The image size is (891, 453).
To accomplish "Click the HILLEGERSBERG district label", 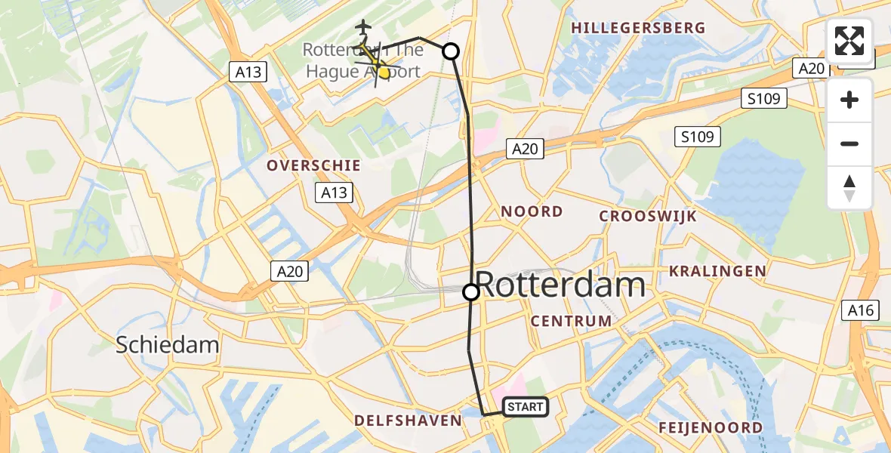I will [639, 28].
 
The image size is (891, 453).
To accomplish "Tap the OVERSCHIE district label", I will [313, 165].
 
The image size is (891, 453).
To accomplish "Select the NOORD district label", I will [532, 212].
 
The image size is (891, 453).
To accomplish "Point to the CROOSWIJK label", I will [647, 217].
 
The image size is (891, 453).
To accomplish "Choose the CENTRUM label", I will [571, 321].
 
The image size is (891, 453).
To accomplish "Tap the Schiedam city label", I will [167, 346].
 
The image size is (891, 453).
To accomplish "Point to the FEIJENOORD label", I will [710, 428].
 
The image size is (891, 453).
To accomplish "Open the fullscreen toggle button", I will [849, 41].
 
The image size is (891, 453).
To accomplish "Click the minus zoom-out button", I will [849, 144].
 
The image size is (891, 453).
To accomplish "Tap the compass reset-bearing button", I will [849, 187].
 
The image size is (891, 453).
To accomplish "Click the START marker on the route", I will [525, 407].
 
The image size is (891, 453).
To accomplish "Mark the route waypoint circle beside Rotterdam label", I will [470, 291].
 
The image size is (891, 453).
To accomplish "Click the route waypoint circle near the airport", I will [450, 51].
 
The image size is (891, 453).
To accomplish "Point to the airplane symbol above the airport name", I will [364, 26].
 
